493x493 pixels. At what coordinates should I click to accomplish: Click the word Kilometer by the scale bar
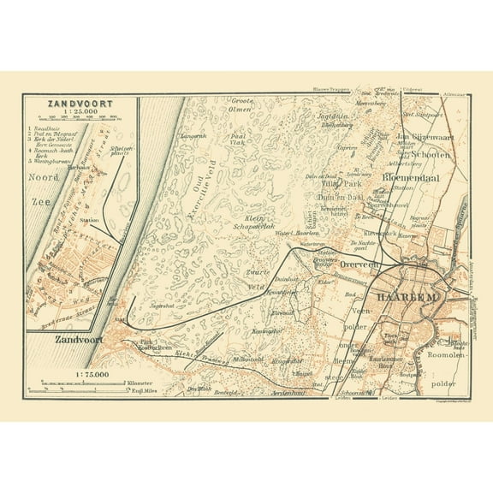(x=136, y=382)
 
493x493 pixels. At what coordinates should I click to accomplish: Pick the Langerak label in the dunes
(x=194, y=135)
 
